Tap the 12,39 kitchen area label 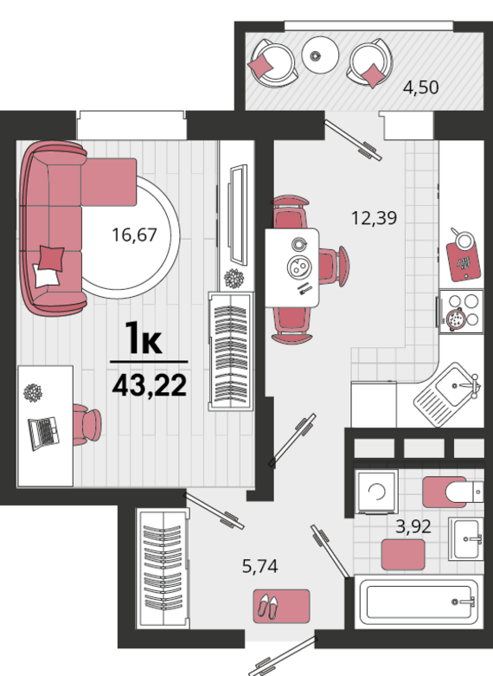pyautogui.click(x=374, y=218)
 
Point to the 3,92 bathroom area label pyautogui.click(x=413, y=525)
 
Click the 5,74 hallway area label pyautogui.click(x=261, y=568)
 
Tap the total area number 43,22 pyautogui.click(x=149, y=385)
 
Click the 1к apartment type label pyautogui.click(x=144, y=338)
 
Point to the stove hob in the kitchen pyautogui.click(x=460, y=312)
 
